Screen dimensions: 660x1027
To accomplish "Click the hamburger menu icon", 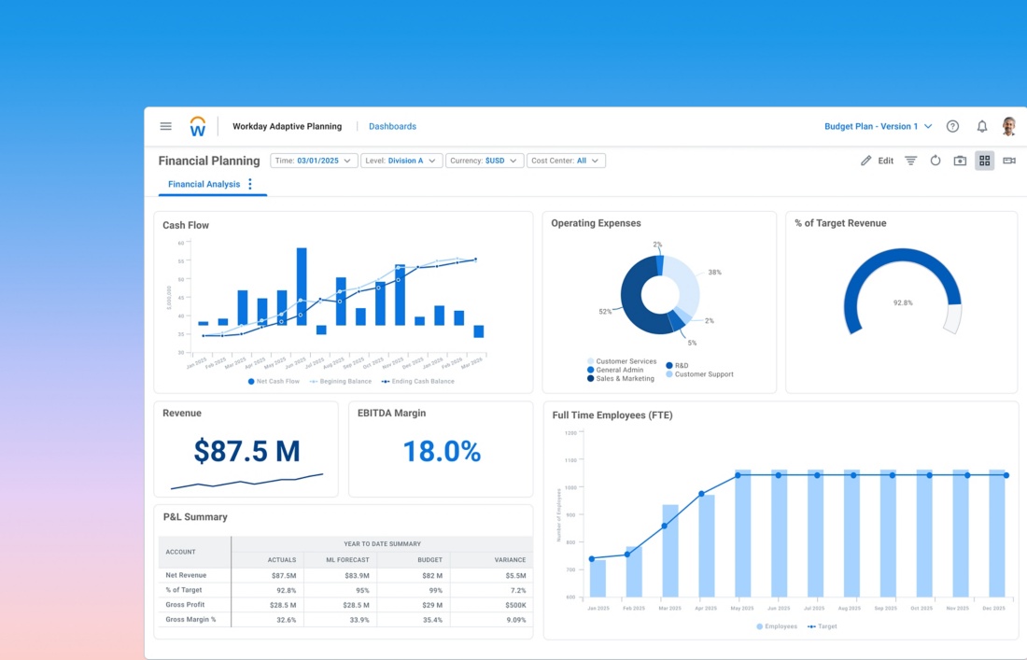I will (x=166, y=126).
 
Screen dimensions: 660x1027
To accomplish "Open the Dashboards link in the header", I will (x=392, y=126).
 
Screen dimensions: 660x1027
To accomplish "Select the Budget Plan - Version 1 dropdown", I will (x=878, y=126).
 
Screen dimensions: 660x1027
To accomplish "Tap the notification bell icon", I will (x=982, y=126).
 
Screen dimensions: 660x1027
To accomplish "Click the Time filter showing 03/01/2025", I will (x=314, y=161).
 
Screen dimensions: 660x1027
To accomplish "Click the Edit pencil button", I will (x=877, y=161).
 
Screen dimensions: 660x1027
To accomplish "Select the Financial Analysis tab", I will (x=204, y=185).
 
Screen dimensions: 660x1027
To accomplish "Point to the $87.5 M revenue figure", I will (x=246, y=452).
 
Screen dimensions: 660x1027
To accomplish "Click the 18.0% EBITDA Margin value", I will (x=442, y=452).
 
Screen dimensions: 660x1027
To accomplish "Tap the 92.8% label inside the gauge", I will (x=903, y=303).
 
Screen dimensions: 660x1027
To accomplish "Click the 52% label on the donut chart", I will (x=605, y=312).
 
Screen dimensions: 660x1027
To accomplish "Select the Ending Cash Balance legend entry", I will (x=422, y=382).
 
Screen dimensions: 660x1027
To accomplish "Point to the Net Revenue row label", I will (x=186, y=575).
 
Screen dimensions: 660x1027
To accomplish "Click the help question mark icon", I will (x=952, y=126).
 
